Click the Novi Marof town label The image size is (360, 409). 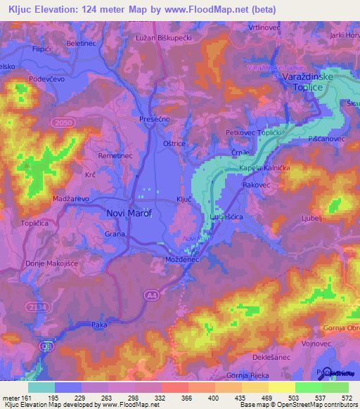pos(129,212)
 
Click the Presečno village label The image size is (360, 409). pos(155,119)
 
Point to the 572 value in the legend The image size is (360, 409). pos(347,398)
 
